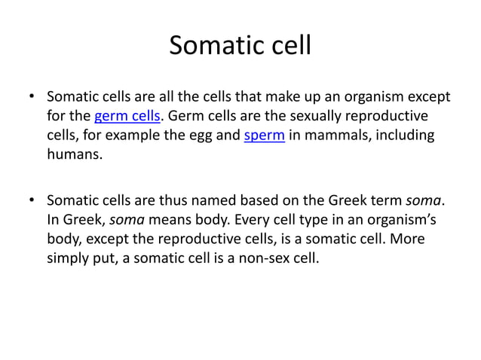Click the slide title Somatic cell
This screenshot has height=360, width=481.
coord(240,46)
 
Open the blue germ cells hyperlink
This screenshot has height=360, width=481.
coord(125,117)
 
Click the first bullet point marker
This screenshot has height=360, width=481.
coord(31,97)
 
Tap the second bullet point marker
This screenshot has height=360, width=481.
coord(31,201)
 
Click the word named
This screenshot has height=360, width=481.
coord(210,201)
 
